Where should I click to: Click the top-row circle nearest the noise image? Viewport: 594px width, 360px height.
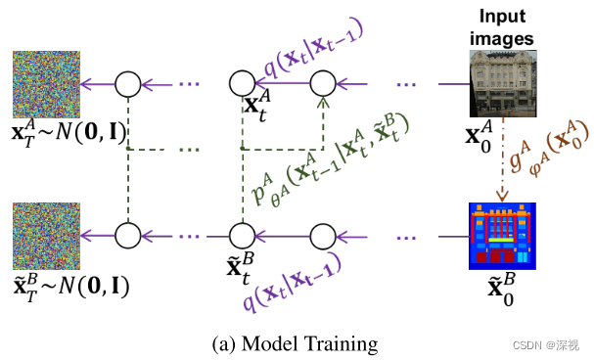[x=129, y=84]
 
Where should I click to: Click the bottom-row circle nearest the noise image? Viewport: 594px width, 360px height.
[x=129, y=236]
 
